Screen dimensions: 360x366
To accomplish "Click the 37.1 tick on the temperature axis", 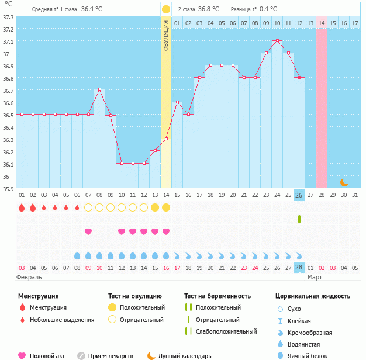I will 8,41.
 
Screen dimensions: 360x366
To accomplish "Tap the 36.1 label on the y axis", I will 8,164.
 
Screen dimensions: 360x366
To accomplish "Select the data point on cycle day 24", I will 277,41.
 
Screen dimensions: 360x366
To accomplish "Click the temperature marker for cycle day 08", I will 99,89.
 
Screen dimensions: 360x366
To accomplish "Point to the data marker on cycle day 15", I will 177,102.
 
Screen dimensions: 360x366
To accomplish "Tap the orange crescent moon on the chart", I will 344,182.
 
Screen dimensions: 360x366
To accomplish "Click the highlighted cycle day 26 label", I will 299,195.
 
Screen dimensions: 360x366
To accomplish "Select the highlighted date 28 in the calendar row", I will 299,267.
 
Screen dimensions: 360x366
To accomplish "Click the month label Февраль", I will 29,276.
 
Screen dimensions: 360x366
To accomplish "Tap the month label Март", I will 315,276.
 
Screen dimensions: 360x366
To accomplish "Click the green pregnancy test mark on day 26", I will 299,219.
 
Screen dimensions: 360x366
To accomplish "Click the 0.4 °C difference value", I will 268,9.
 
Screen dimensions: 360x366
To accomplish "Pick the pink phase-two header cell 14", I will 322,23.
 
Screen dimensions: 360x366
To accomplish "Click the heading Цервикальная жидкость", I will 313,296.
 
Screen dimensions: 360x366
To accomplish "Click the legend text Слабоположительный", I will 226,331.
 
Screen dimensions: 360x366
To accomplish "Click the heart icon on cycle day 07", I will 88,231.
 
